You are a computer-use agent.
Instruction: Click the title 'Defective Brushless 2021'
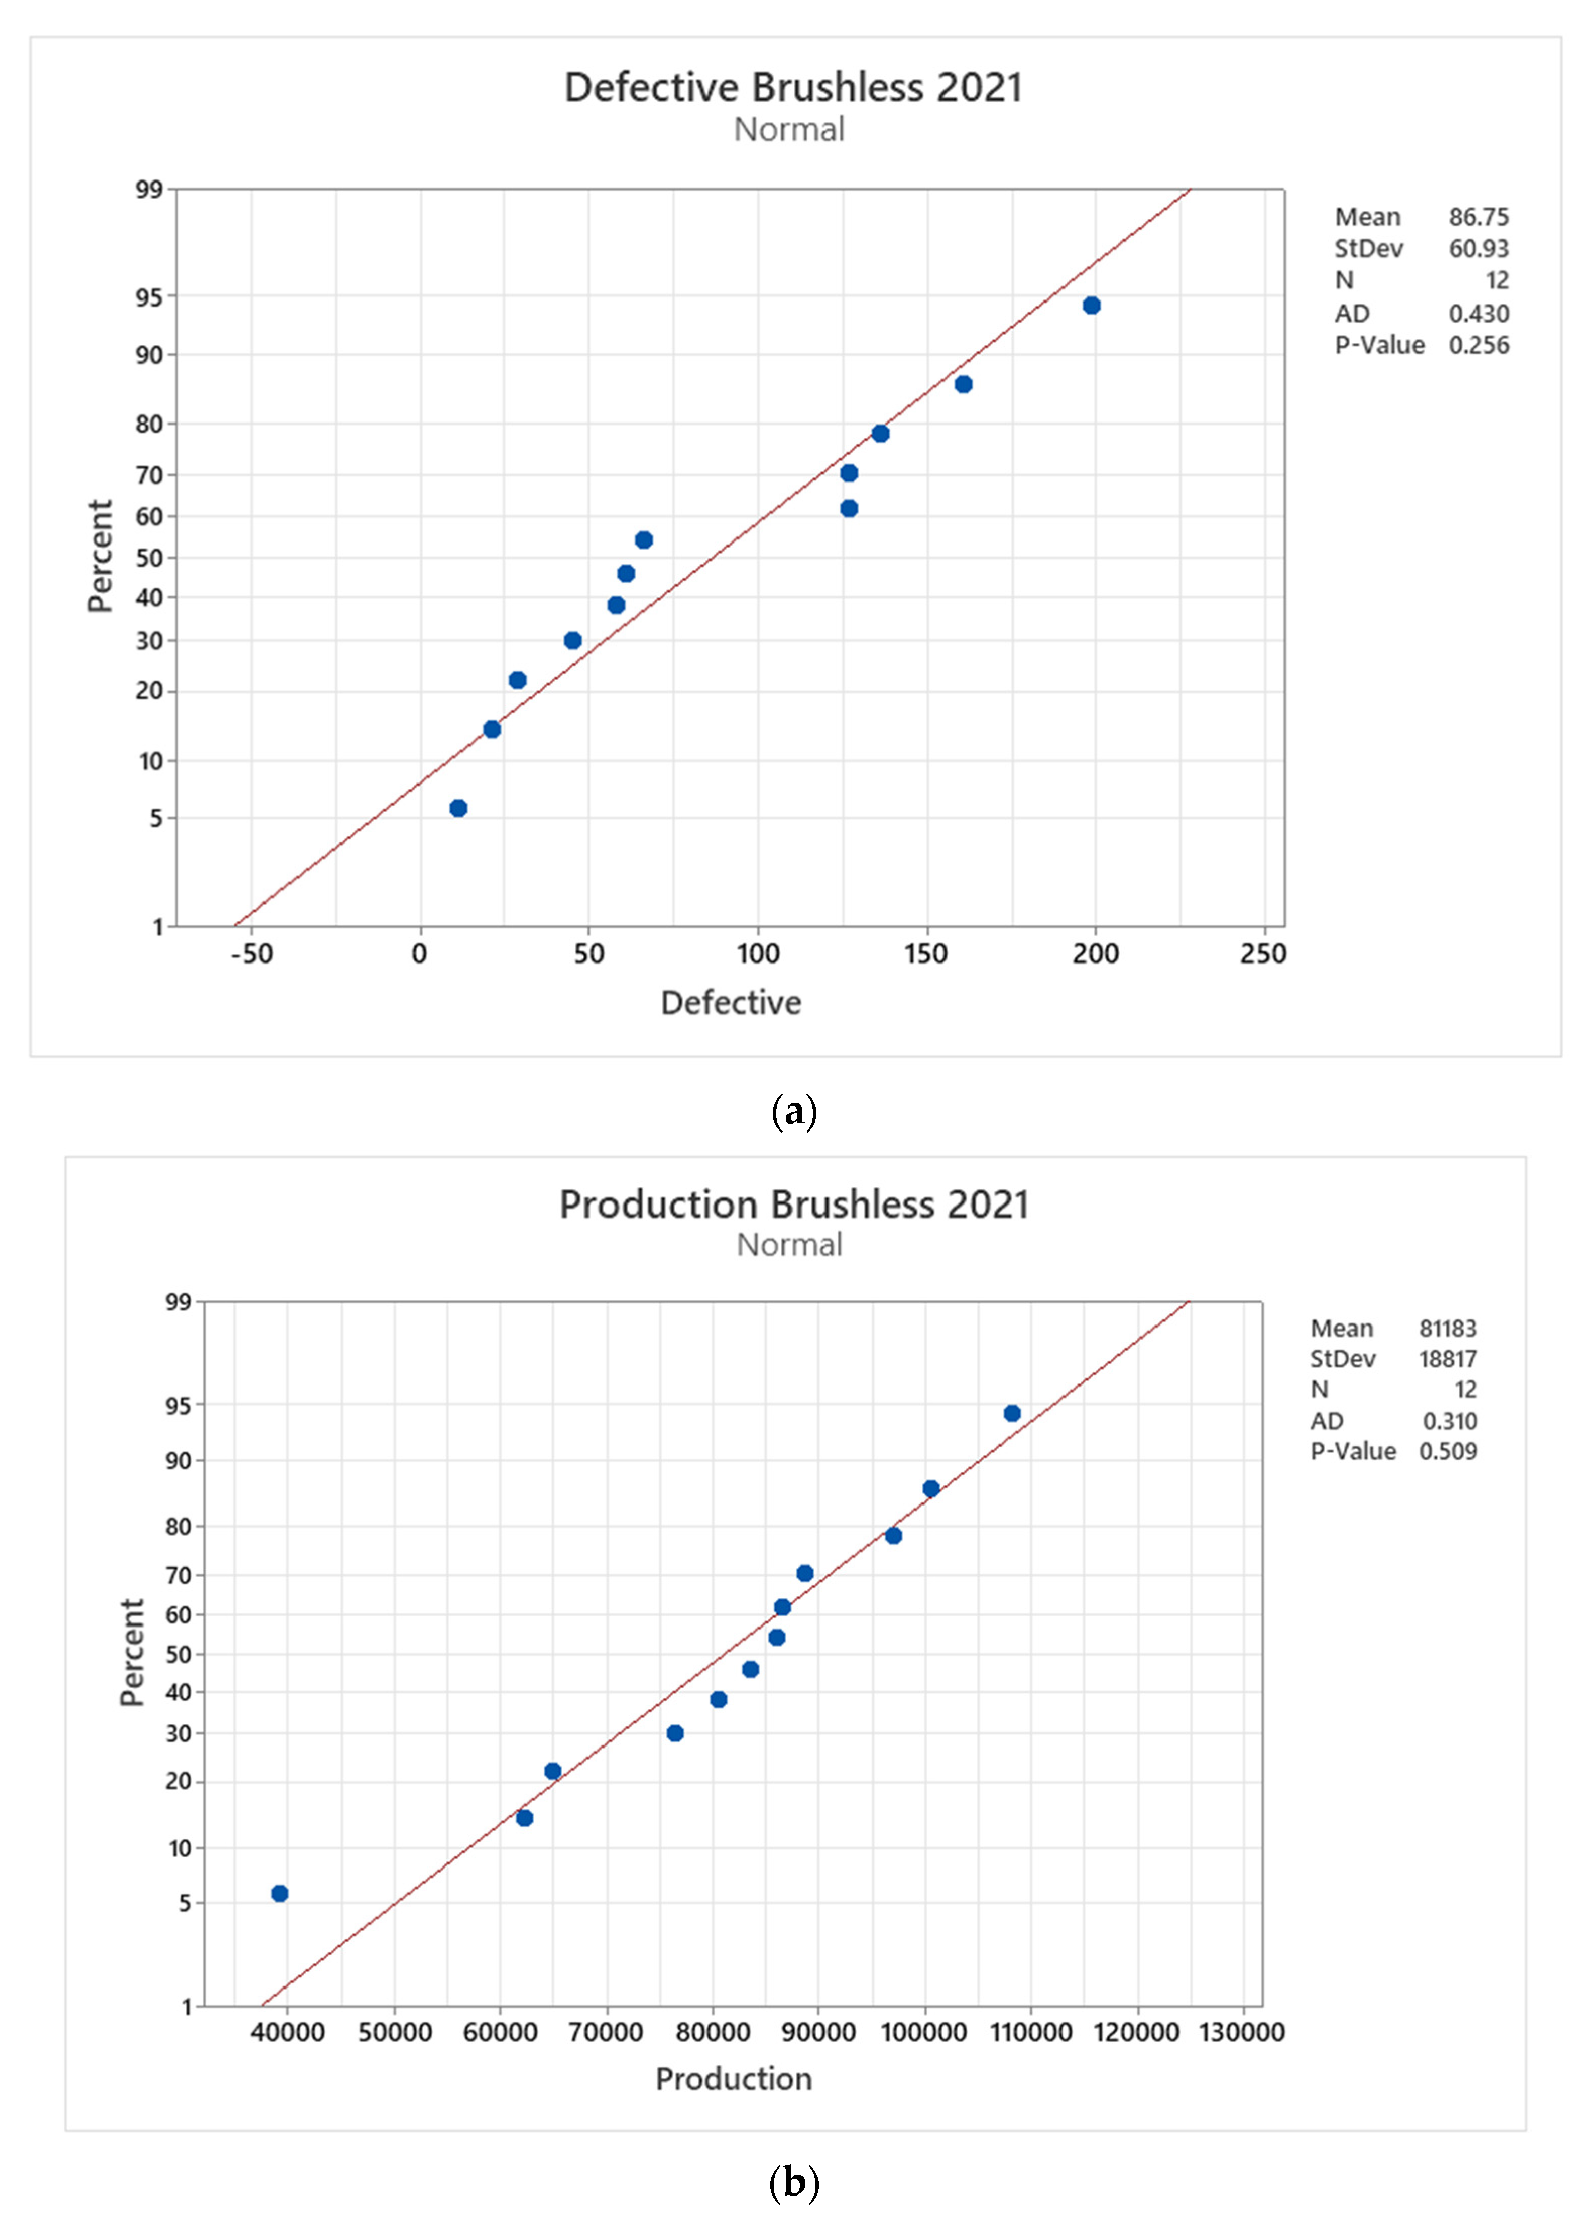coord(793,87)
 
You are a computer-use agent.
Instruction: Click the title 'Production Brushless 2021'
coord(794,1204)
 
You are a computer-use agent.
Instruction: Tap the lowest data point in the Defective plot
coord(458,808)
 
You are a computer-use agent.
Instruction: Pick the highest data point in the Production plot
coord(1011,1413)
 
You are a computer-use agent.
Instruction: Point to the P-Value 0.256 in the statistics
coord(1478,345)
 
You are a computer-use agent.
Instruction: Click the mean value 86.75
coord(1478,217)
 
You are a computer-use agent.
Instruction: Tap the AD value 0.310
coord(1449,1421)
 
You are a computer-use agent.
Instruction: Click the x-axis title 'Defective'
coord(731,1002)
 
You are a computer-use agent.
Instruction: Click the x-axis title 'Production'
coord(734,2079)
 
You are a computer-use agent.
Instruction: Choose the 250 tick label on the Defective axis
coord(1262,954)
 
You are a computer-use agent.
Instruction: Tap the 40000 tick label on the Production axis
coord(287,2032)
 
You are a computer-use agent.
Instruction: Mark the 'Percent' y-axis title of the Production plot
coord(132,1653)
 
